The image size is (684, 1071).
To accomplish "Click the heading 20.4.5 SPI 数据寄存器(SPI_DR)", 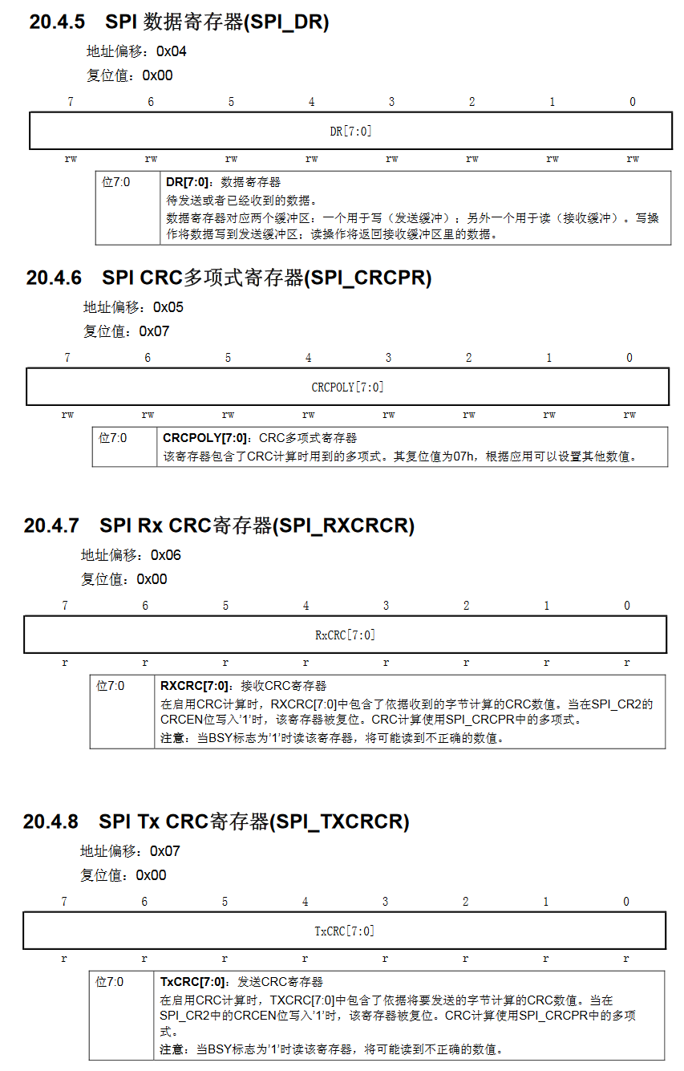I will [179, 22].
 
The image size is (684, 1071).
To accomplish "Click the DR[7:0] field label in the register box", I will [350, 131].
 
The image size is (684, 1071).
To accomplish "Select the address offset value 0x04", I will [172, 51].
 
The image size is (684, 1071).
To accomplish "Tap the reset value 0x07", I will [154, 331].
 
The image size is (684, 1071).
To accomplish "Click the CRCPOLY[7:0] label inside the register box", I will [347, 387].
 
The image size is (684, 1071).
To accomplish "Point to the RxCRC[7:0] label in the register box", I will [345, 635].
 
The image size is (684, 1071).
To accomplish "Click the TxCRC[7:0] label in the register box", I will [344, 931].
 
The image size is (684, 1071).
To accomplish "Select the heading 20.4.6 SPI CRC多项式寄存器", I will [229, 278].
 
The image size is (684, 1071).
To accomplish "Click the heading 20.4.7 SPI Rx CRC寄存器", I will [219, 526].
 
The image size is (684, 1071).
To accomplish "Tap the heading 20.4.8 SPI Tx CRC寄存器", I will [216, 822].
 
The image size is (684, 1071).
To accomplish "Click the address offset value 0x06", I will [166, 555].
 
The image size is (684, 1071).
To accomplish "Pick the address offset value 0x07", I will [165, 851].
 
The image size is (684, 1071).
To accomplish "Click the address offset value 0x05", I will [168, 307].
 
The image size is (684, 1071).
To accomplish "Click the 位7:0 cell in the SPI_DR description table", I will [116, 182].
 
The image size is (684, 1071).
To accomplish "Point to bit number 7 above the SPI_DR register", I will [71, 102].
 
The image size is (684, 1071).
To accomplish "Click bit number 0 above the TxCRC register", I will [626, 902].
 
